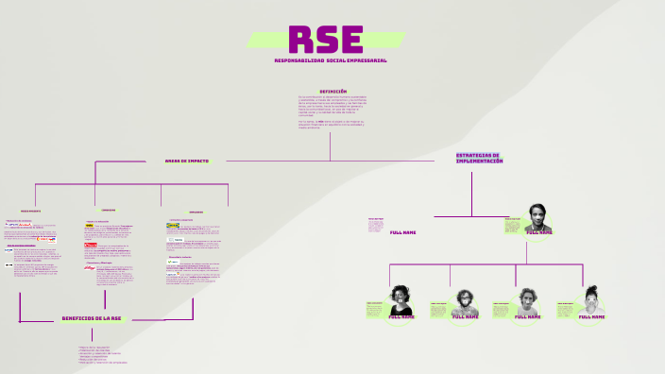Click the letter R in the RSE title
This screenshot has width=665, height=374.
tap(301, 40)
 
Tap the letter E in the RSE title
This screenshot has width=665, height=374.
tap(351, 40)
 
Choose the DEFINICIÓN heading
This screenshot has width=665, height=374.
tap(332, 92)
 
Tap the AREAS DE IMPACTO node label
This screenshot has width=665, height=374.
tap(186, 161)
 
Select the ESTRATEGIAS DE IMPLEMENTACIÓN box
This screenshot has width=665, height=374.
tap(479, 159)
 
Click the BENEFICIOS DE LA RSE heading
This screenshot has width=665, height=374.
tap(94, 319)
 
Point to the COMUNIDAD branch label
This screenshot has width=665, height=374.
tap(108, 210)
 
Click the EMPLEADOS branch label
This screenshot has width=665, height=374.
tap(196, 212)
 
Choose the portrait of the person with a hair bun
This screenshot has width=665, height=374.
tap(592, 298)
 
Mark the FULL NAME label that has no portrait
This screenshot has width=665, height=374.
tap(402, 232)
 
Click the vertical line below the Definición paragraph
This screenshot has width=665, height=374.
tap(331, 146)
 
